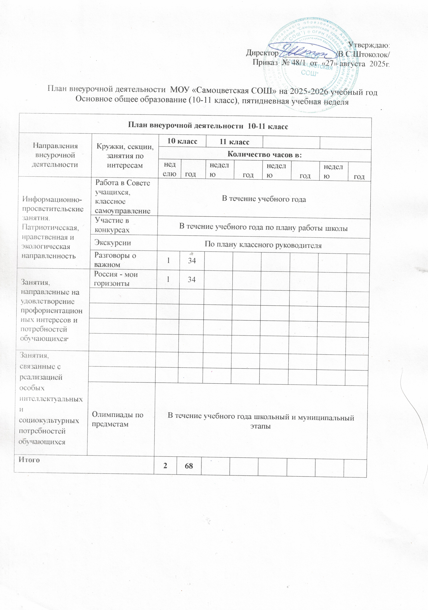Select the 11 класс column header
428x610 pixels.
[x=234, y=142]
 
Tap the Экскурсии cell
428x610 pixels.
[x=113, y=243]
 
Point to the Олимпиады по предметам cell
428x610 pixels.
[x=118, y=420]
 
